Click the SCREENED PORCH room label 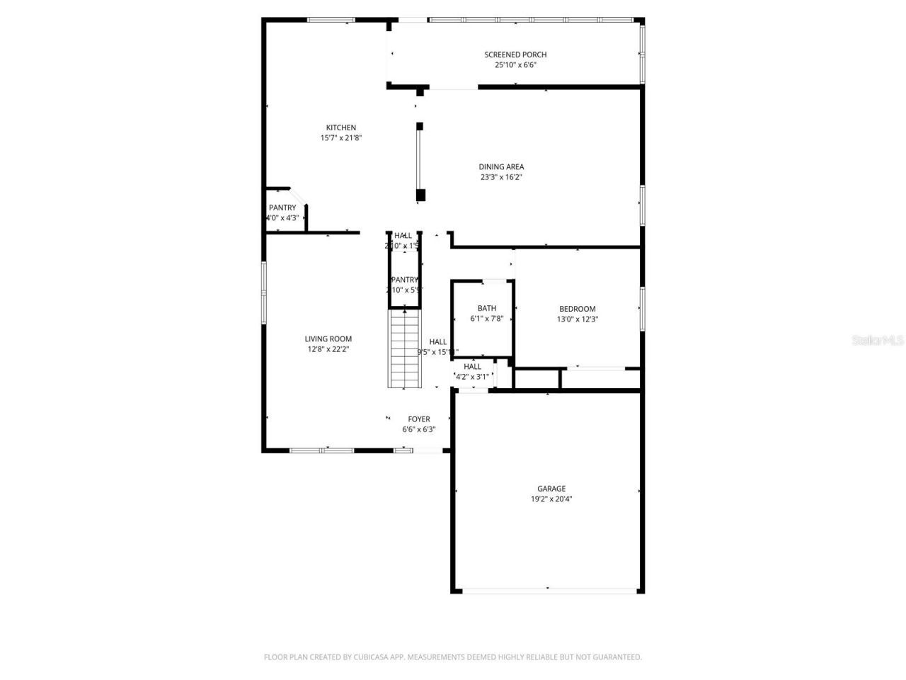click(x=515, y=55)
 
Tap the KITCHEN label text click(x=340, y=127)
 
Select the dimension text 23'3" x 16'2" click(x=501, y=177)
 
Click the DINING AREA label click(x=501, y=167)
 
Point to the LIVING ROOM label click(x=328, y=339)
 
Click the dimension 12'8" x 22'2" click(x=328, y=349)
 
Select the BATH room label click(x=486, y=308)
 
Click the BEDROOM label click(x=577, y=309)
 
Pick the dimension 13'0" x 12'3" click(x=577, y=319)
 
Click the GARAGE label click(x=551, y=489)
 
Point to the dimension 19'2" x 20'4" click(x=551, y=499)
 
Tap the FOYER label click(x=418, y=419)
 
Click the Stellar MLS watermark click(x=877, y=341)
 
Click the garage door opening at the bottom click(x=549, y=589)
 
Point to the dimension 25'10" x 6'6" click(x=515, y=65)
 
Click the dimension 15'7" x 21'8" click(x=340, y=138)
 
